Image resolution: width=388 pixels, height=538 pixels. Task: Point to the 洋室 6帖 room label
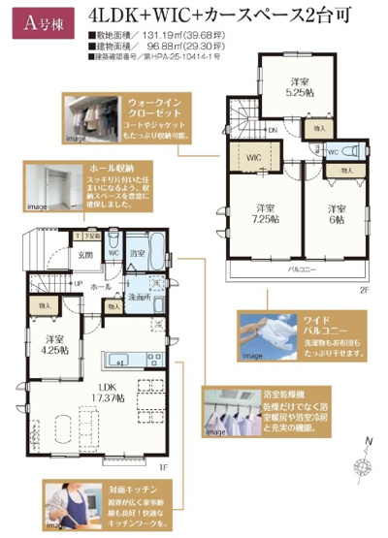336,214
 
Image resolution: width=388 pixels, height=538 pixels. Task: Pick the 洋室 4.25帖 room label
56,346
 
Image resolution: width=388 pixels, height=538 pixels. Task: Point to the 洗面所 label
145,297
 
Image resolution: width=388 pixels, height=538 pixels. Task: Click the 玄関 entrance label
86,255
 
